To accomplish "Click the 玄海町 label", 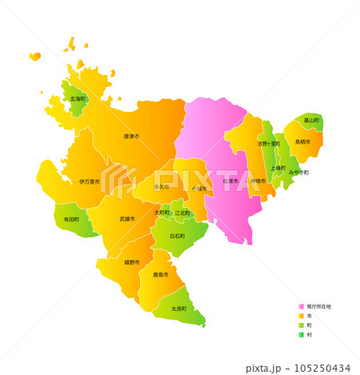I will click(x=78, y=99).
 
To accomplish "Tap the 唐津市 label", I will click(x=131, y=137).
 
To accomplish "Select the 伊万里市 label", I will click(x=90, y=182).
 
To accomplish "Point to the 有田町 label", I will click(x=72, y=218).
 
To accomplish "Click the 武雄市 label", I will click(x=128, y=218).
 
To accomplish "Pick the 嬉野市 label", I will click(x=132, y=262).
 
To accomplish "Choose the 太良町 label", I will click(x=178, y=309).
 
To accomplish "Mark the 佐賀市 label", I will click(x=230, y=182).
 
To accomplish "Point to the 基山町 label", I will click(x=311, y=121).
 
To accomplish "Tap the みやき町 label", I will click(x=298, y=172).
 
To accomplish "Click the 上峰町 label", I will click(x=278, y=168).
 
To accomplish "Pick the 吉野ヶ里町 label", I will click(x=269, y=144).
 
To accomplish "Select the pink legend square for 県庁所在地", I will click(x=302, y=306).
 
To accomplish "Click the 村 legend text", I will click(x=308, y=335).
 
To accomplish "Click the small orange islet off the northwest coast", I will click(x=34, y=57).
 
